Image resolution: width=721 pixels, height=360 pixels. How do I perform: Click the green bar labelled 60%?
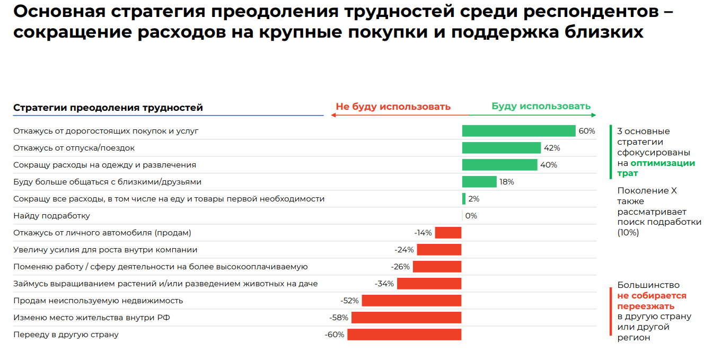point(518,131)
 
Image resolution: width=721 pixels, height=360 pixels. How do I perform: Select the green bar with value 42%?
point(501,148)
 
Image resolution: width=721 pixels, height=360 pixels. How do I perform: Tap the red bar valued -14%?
point(448,233)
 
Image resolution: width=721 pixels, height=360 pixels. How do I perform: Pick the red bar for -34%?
point(429,284)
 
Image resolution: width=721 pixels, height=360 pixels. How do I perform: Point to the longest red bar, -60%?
point(404,335)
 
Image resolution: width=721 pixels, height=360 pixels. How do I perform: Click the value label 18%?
point(506,182)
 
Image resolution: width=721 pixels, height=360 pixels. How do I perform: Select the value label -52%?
point(349,301)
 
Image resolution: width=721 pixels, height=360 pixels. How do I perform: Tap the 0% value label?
point(471,216)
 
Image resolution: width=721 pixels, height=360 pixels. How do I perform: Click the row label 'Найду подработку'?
point(51,216)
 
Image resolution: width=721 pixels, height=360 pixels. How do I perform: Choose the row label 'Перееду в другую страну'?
point(66,335)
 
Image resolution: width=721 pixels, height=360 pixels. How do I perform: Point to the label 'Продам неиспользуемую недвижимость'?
point(98,301)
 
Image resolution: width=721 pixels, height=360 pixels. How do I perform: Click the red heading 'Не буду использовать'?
point(393,107)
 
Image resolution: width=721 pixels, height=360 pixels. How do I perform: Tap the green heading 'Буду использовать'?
point(541,106)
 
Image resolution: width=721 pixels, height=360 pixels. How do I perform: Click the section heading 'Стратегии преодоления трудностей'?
point(108,108)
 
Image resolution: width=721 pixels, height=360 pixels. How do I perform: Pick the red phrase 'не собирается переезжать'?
point(652,301)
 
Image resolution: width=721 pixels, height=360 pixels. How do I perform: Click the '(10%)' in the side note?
point(628,232)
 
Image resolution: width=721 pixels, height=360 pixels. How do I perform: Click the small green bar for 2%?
point(464,199)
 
